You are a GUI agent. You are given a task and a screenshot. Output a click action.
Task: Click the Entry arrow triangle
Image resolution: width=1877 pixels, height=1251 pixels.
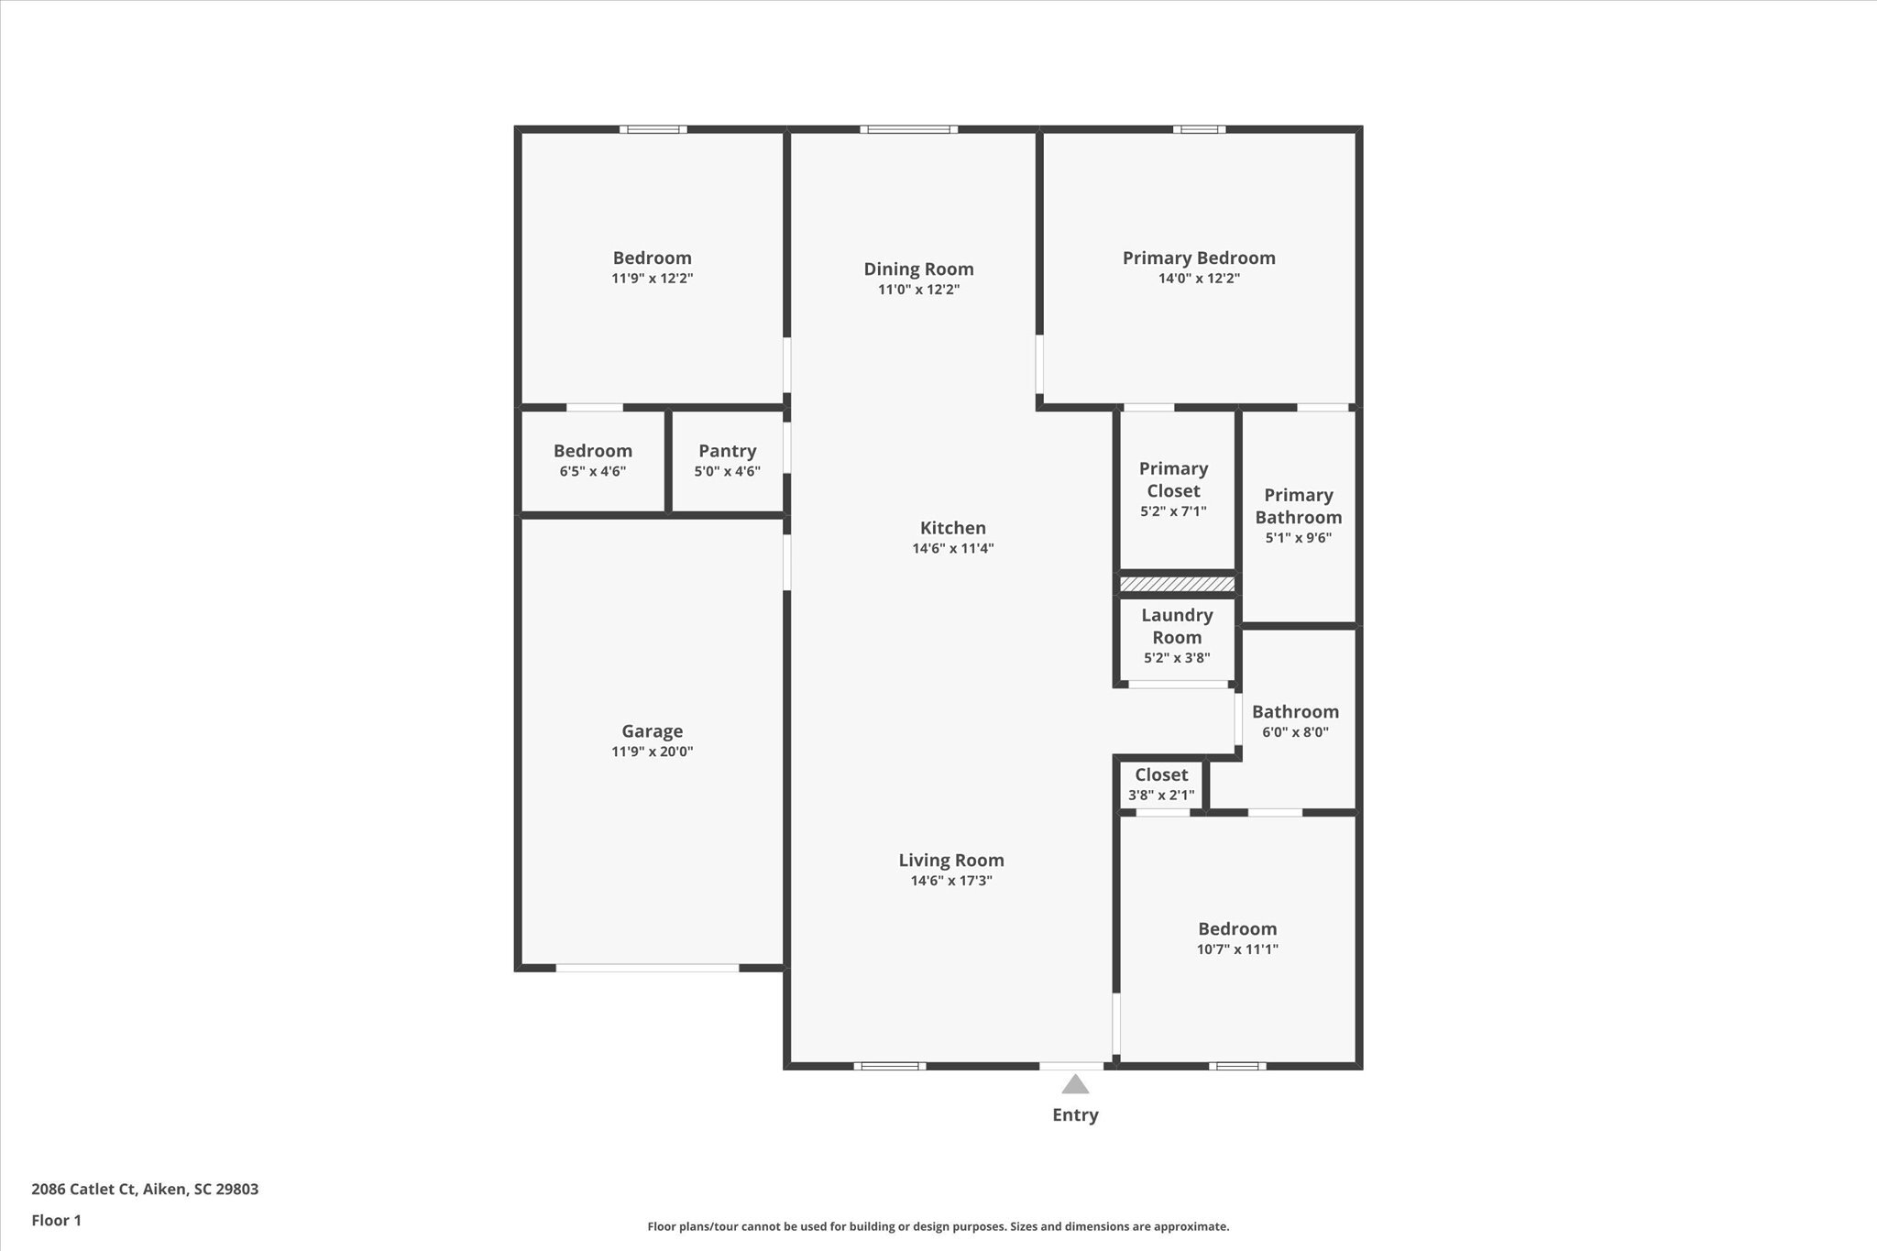point(1075,1085)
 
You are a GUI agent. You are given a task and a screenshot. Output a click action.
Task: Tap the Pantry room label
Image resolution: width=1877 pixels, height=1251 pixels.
point(727,451)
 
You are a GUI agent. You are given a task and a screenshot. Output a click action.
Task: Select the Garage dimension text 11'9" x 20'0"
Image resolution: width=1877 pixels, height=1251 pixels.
point(652,752)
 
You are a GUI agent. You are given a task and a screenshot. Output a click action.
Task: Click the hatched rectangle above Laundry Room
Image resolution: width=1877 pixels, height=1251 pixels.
point(1177,584)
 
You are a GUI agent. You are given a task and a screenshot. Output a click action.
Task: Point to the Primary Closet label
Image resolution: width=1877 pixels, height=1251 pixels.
point(1173,479)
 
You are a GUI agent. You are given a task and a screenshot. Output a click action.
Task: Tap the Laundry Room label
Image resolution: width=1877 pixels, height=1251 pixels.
point(1177,626)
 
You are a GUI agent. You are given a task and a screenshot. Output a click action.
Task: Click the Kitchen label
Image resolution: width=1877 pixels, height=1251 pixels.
point(952,528)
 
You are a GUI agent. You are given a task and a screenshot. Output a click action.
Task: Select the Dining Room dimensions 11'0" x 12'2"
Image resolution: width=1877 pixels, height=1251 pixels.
point(918,290)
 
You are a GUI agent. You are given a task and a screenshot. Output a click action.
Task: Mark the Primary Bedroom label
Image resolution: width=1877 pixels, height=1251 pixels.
point(1199,258)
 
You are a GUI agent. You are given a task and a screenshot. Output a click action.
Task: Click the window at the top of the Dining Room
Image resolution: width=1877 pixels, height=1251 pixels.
point(908,129)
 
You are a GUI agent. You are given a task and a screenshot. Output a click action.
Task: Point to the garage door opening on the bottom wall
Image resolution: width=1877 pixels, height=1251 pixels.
point(647,968)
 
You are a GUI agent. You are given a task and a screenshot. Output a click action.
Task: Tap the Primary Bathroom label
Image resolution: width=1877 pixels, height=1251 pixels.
point(1298,506)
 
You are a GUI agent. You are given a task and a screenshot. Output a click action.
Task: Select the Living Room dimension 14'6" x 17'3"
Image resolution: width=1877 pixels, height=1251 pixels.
point(950,881)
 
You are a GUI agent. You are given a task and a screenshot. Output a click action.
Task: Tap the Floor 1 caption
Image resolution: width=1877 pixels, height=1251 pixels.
point(56,1221)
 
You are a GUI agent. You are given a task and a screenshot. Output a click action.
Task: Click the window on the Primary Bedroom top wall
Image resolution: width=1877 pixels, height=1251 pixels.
point(1199,129)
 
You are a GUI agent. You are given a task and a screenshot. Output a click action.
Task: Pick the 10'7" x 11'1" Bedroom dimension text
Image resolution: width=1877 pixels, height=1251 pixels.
point(1237,949)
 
